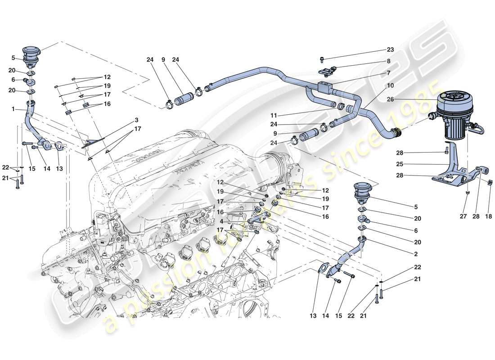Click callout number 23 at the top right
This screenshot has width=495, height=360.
click(390, 50)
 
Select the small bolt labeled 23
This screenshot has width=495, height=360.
click(323, 59)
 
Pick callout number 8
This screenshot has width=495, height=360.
click(388, 61)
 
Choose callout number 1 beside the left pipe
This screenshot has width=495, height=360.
click(14, 109)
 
